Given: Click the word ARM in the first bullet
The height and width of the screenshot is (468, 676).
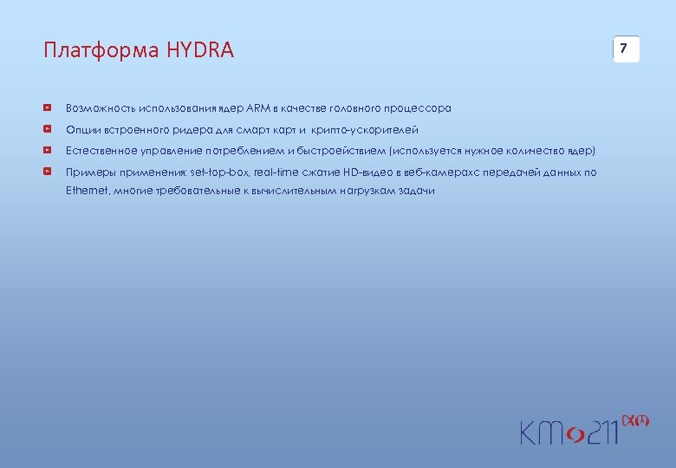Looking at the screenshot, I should [x=258, y=108].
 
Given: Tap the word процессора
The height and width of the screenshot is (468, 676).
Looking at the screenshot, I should [x=419, y=108].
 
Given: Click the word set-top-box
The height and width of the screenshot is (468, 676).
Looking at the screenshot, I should [x=219, y=172].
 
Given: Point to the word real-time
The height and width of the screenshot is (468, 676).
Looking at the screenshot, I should [x=275, y=172].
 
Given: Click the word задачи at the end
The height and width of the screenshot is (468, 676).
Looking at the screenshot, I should [x=417, y=190].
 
